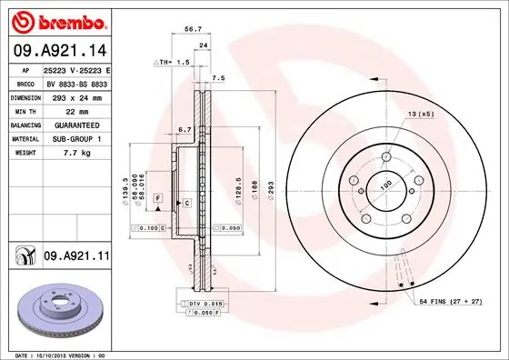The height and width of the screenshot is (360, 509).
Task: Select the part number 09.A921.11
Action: point(75,257)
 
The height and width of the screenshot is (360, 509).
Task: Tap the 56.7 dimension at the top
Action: point(193,29)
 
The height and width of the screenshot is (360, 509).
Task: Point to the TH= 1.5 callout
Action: point(172,63)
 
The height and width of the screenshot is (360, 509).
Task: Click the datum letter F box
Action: point(157,197)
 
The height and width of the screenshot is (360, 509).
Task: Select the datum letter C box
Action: point(185,203)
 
